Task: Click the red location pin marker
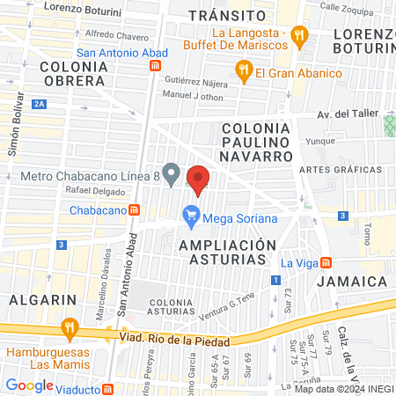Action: click(x=199, y=180)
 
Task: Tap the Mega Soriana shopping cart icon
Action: click(x=190, y=214)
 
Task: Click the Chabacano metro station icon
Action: click(x=134, y=209)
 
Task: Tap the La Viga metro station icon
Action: click(x=326, y=261)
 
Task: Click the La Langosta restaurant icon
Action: click(x=300, y=35)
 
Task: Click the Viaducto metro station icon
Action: click(x=107, y=387)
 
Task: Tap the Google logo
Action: click(x=29, y=385)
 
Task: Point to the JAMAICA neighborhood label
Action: click(x=352, y=281)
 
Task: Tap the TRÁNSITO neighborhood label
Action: click(x=227, y=16)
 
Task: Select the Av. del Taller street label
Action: click(x=347, y=114)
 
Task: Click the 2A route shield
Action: click(x=39, y=104)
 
